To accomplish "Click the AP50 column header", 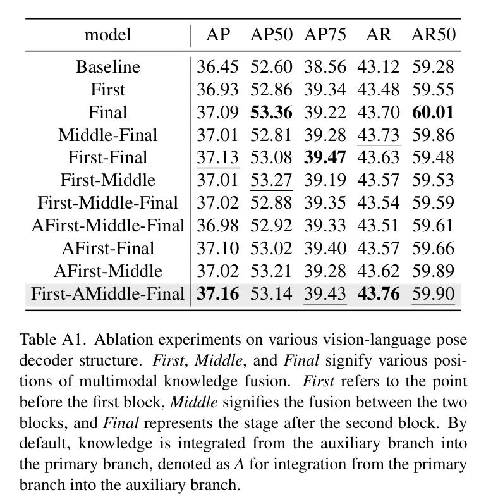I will [272, 34].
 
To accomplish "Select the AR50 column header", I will [433, 34].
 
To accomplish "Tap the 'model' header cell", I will [108, 34].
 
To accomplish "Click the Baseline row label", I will [108, 66].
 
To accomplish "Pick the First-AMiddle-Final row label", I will [108, 294].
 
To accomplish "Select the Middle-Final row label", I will [108, 135].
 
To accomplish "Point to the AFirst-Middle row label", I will [108, 271].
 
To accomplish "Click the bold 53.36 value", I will [272, 112].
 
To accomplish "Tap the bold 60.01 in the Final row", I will [433, 112].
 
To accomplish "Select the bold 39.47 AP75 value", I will [325, 157].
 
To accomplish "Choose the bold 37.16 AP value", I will [217, 294].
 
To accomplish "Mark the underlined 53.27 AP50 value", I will [272, 180].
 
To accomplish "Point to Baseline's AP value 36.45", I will [217, 66].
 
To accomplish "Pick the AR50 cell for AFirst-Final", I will [433, 249].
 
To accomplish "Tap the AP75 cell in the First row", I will [325, 89].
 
